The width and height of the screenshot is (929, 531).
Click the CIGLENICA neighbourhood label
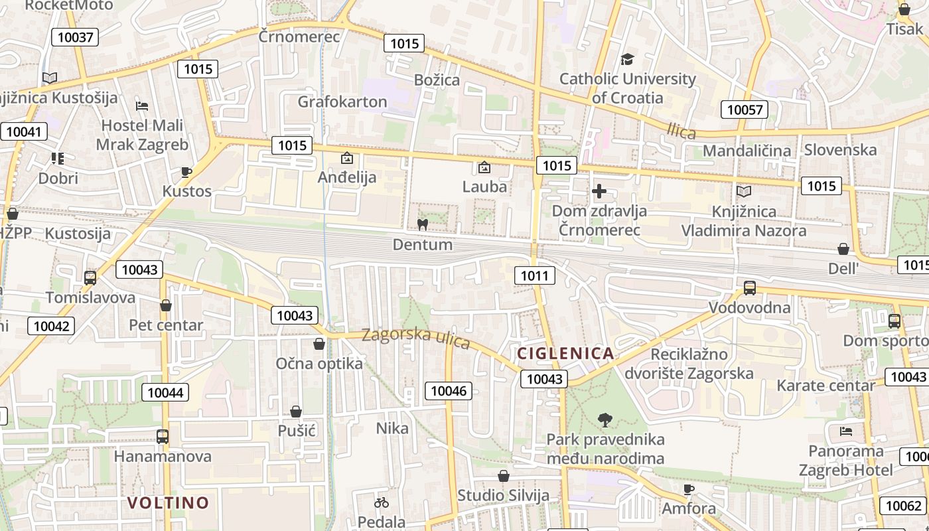tap(565, 353)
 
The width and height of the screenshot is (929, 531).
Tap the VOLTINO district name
tap(168, 502)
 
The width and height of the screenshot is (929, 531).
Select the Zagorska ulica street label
tap(416, 338)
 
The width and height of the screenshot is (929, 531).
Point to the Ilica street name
tap(681, 131)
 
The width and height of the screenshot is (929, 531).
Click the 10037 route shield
tap(75, 37)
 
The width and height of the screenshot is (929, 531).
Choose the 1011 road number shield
tap(535, 275)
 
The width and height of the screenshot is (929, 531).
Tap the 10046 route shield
tap(449, 391)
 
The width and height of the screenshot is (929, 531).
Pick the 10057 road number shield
tap(745, 110)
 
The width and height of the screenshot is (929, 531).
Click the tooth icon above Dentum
tap(421, 224)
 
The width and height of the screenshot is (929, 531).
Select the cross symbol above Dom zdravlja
tap(599, 192)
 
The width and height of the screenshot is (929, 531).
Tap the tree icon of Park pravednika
tap(605, 419)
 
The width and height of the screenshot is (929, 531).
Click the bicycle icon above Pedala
tap(382, 502)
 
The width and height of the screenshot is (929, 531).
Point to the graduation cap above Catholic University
tap(627, 60)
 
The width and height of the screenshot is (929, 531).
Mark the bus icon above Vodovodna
tap(750, 288)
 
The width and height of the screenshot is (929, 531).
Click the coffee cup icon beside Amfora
tap(689, 490)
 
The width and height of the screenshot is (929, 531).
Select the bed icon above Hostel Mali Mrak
tap(141, 106)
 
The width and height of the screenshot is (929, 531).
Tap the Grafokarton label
tap(342, 102)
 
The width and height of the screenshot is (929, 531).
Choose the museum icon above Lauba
tap(484, 167)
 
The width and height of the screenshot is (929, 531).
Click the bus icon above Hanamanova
tap(162, 437)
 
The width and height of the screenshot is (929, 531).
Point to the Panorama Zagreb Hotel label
tap(845, 461)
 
